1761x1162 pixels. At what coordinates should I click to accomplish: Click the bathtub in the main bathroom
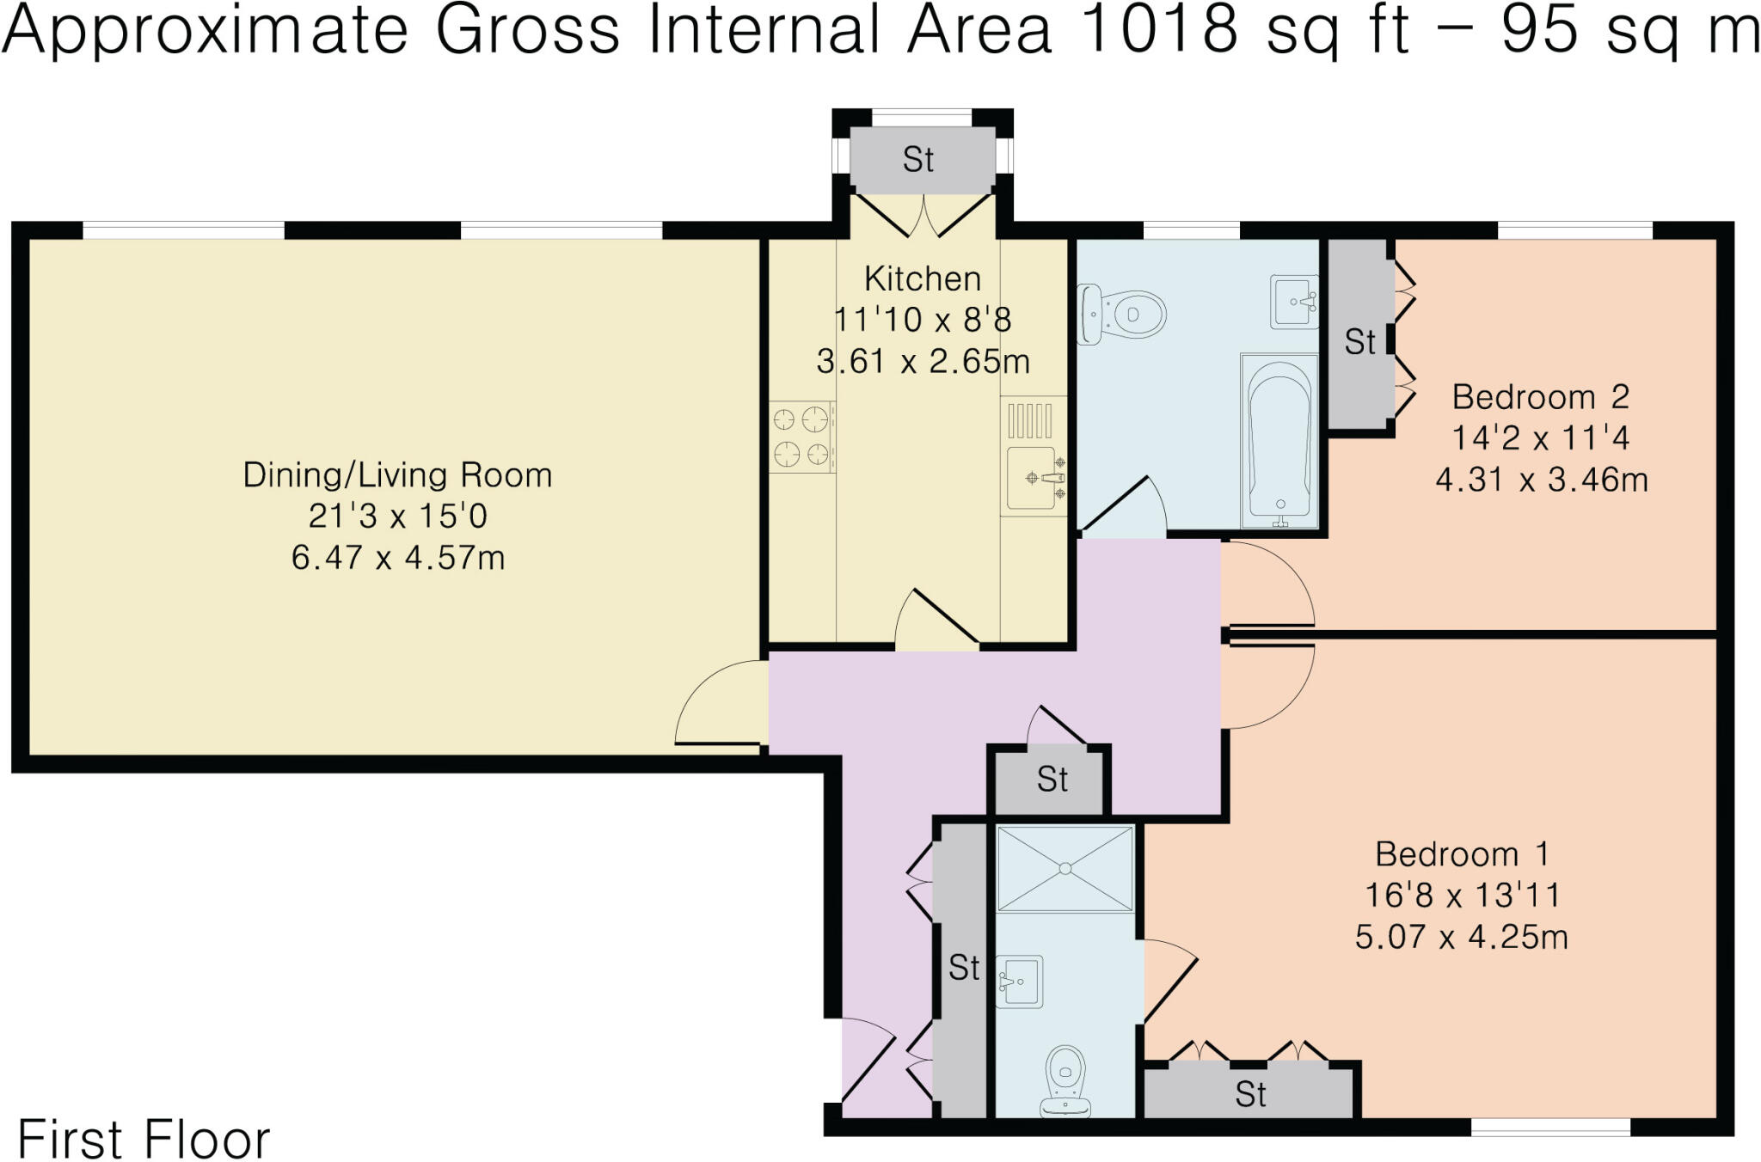coord(1279,440)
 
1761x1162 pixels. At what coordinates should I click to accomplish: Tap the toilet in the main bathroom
coord(1122,315)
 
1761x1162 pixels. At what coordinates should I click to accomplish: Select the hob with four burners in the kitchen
coord(801,436)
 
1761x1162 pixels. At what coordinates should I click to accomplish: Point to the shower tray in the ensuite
coord(1065,868)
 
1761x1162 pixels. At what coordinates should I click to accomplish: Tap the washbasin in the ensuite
coord(1020,981)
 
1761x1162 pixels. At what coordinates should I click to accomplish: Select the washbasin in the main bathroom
coord(1294,302)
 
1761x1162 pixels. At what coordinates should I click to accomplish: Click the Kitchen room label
coord(922,279)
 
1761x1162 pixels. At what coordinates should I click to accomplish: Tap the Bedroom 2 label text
coord(1540,397)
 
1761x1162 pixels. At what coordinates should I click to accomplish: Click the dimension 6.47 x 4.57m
coord(397,558)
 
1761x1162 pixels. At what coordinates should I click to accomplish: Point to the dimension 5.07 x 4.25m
coord(1461,936)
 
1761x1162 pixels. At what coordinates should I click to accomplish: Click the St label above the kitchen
coord(918,160)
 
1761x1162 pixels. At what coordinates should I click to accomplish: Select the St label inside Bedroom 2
coord(1359,342)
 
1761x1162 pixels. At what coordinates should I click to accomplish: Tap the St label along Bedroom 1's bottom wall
coord(1250,1094)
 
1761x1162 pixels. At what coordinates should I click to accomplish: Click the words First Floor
coord(144,1140)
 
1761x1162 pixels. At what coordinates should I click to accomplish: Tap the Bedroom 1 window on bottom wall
coord(1550,1127)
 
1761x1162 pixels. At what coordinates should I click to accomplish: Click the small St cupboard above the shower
coord(1052,780)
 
